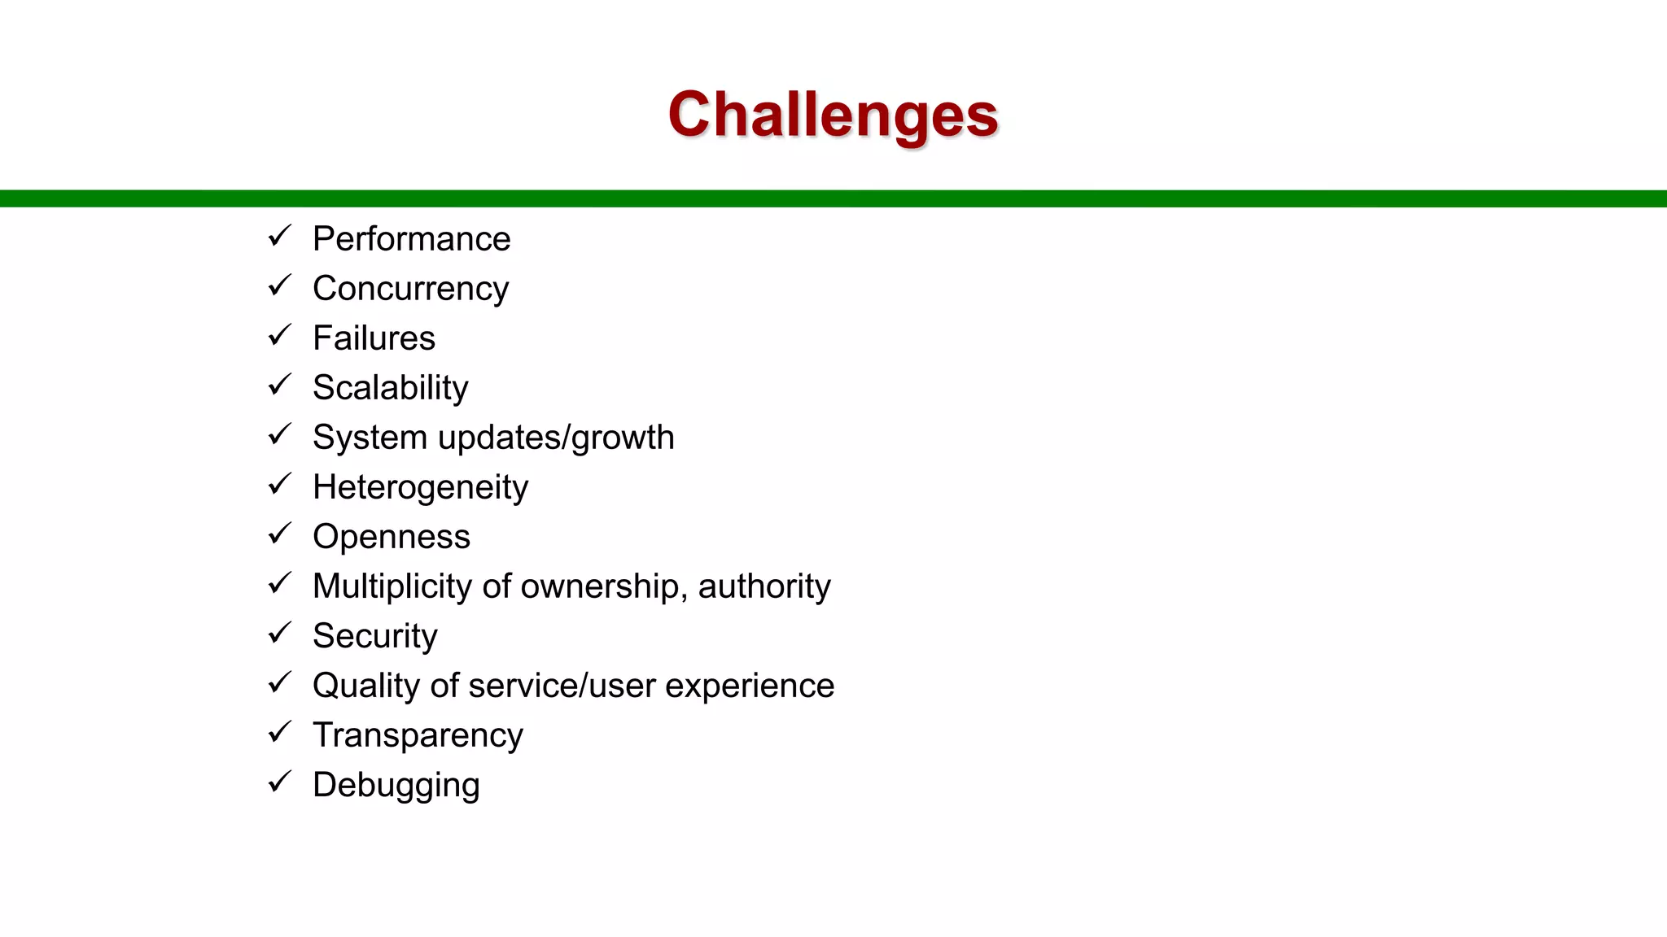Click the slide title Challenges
click(833, 115)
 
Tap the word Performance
click(411, 239)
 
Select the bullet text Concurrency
click(410, 290)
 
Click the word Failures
click(374, 338)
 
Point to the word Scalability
click(390, 389)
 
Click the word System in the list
click(370, 438)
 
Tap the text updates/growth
click(556, 438)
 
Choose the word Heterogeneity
click(420, 488)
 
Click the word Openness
click(391, 537)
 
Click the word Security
click(374, 637)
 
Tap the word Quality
click(365, 686)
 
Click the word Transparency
click(418, 736)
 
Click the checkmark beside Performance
click(279, 237)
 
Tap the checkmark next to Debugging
click(279, 782)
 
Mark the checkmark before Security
click(279, 634)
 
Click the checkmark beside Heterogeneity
click(279, 485)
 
